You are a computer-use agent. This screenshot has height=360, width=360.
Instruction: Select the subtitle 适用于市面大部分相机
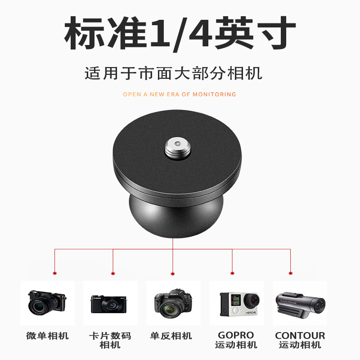(x=180, y=73)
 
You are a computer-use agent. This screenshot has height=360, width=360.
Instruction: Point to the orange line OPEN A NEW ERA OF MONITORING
(x=180, y=94)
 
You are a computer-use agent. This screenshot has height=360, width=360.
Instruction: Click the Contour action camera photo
(x=300, y=303)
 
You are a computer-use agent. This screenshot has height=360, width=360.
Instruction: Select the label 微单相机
(x=47, y=336)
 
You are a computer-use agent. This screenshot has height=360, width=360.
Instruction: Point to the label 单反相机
(x=171, y=336)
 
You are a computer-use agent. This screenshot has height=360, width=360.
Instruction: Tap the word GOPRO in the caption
(x=236, y=335)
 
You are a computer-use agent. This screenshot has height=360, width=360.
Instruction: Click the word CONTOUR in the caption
(x=300, y=335)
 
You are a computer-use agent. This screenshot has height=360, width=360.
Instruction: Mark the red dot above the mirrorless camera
(x=55, y=273)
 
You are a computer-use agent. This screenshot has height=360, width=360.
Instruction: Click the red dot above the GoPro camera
(x=232, y=273)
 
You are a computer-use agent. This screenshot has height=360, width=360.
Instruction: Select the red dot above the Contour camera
(x=290, y=273)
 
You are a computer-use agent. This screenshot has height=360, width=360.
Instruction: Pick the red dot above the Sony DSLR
(x=173, y=273)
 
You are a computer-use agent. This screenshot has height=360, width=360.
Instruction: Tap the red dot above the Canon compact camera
(x=113, y=273)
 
